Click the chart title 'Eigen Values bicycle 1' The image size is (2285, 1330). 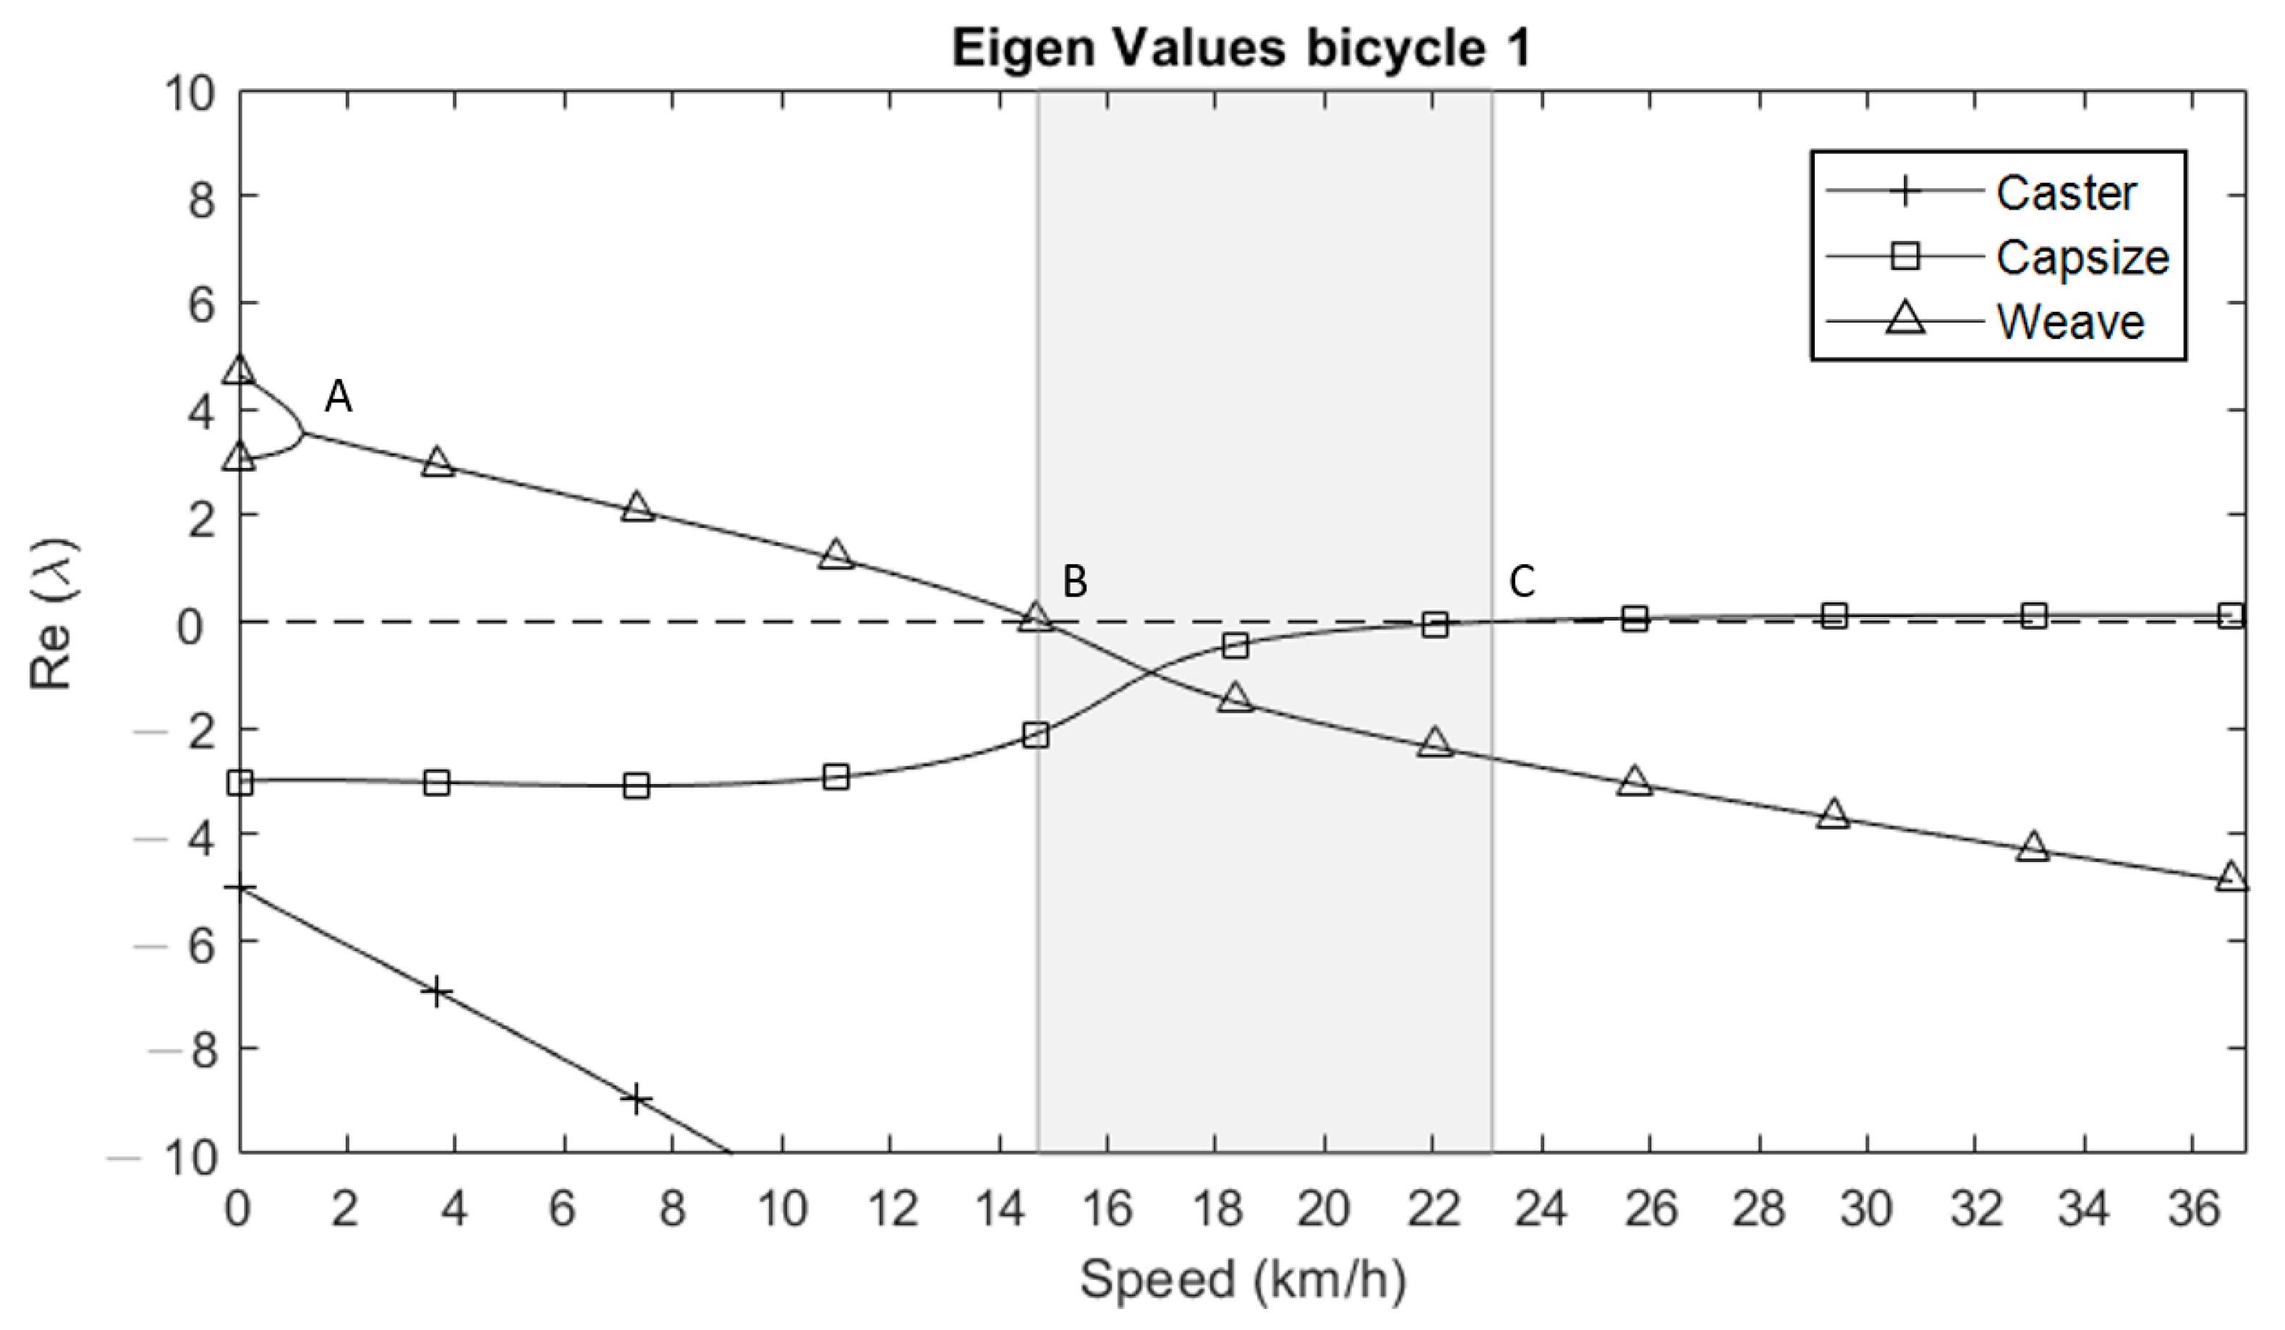[1241, 47]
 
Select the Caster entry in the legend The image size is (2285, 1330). [2066, 192]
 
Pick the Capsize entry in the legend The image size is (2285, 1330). [2082, 257]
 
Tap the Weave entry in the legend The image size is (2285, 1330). [2070, 322]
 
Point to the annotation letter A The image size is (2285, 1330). [339, 397]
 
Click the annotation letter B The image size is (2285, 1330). [1074, 582]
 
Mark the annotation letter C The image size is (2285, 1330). [1521, 582]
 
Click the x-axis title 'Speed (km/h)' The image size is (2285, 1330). [1241, 1279]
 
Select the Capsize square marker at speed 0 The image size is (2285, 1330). [239, 783]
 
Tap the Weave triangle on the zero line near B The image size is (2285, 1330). [1036, 618]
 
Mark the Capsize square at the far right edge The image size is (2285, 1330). [2232, 616]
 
